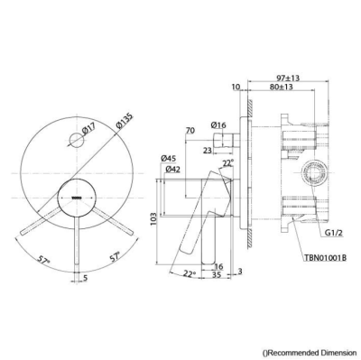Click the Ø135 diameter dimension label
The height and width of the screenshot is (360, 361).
[x=125, y=122]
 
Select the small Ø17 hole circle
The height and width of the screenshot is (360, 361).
[x=76, y=140]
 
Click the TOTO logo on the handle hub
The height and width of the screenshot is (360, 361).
[x=76, y=198]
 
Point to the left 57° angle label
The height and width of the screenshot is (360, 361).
[x=44, y=260]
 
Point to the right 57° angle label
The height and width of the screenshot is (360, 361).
[x=114, y=257]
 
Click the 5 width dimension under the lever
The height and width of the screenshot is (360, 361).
[x=85, y=278]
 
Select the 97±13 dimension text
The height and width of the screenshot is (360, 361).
[x=288, y=78]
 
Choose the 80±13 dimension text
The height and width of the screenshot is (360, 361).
[x=282, y=87]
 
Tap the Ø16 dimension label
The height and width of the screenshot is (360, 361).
[x=218, y=125]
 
